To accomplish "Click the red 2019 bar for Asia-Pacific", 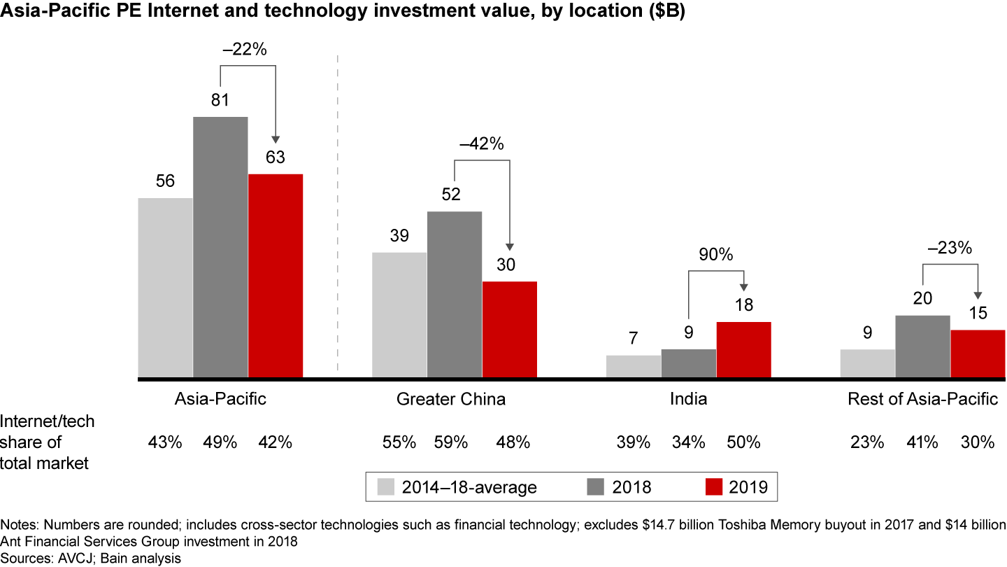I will pyautogui.click(x=276, y=276).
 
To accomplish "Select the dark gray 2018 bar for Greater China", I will pyautogui.click(x=455, y=295).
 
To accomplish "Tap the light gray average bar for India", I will pyautogui.click(x=634, y=367).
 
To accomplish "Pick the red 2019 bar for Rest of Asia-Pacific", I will pyautogui.click(x=978, y=354).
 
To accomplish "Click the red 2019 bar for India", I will pyautogui.click(x=743, y=350).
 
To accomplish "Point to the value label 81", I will pyautogui.click(x=221, y=100).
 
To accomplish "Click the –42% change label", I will pyautogui.click(x=481, y=144).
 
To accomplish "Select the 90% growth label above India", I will pyautogui.click(x=716, y=255).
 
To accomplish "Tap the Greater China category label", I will pyautogui.click(x=451, y=400).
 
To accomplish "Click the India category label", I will pyautogui.click(x=688, y=400).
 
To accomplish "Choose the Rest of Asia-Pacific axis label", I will pyautogui.click(x=922, y=400).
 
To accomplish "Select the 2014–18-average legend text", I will pyautogui.click(x=469, y=487).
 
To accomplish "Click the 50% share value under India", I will pyautogui.click(x=743, y=442).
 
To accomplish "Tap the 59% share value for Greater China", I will pyautogui.click(x=455, y=442).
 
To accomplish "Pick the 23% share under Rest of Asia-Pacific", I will pyautogui.click(x=868, y=442).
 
